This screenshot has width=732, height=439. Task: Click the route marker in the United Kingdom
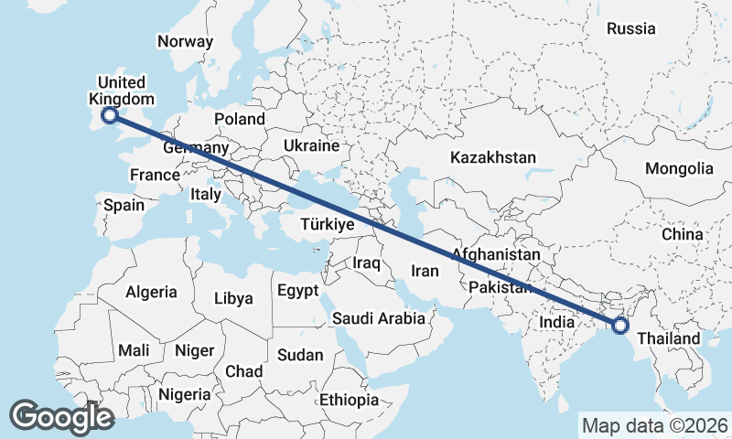point(110,115)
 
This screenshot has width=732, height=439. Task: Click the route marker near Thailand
point(620,325)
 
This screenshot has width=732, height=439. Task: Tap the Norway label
point(185,41)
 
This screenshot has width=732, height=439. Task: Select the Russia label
point(631,28)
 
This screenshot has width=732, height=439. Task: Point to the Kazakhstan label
point(492,157)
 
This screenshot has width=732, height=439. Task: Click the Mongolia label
point(679,168)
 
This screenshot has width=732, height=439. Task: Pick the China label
point(683,234)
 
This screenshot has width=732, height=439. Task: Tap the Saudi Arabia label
point(379,318)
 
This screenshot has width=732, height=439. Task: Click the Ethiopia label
point(349,400)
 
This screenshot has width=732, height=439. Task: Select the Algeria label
point(151,292)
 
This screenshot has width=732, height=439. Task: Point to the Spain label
point(124,205)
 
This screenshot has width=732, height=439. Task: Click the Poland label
point(239,119)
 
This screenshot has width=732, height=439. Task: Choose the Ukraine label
point(311,145)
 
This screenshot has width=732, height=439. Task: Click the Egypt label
point(297,291)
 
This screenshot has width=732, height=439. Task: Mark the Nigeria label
point(186,395)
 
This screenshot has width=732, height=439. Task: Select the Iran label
point(425,271)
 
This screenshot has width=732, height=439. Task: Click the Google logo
point(61,417)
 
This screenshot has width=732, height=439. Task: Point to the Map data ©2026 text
point(655,425)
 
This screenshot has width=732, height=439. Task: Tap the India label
point(557,322)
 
